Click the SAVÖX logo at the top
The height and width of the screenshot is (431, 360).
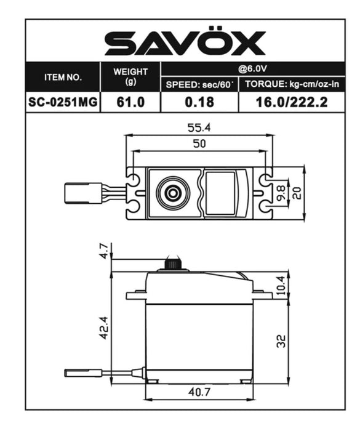(185, 43)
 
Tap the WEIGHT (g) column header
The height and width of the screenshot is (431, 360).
(130, 77)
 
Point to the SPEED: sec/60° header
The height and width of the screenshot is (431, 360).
(199, 85)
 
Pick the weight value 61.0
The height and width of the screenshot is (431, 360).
(130, 102)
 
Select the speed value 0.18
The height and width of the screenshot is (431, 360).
(199, 102)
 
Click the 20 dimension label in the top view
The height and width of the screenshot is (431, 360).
(297, 193)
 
